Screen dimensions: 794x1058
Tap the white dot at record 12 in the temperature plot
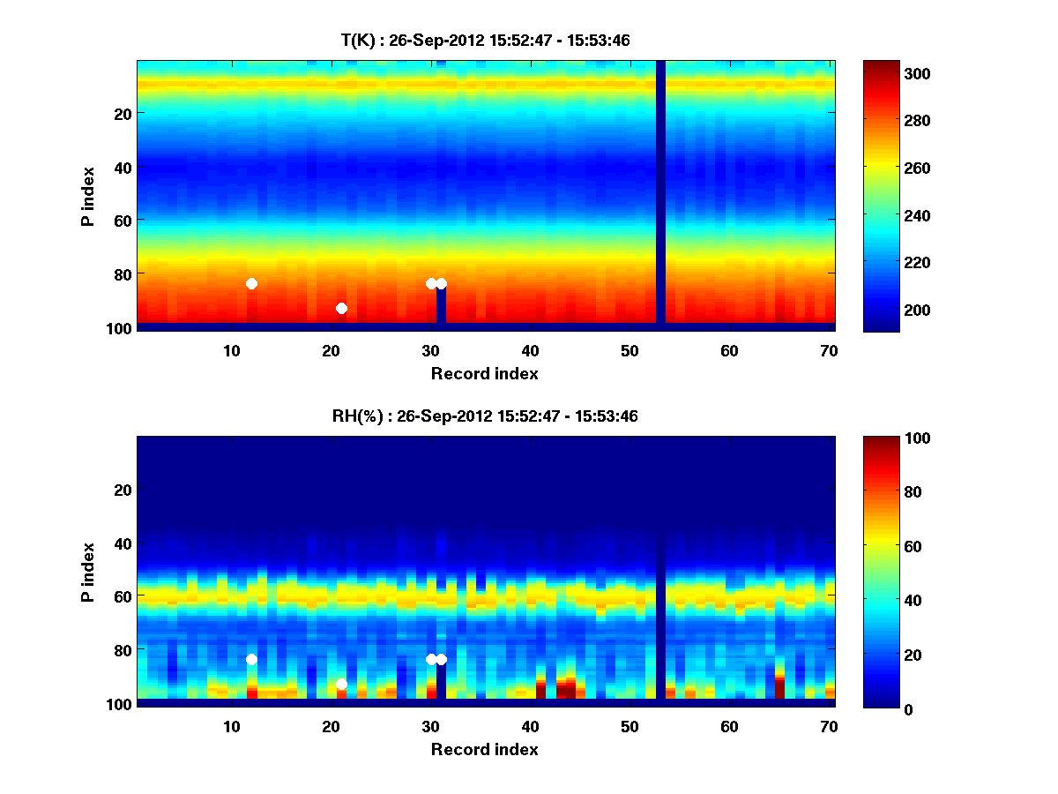pyautogui.click(x=251, y=283)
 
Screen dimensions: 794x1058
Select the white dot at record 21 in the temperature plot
pyautogui.click(x=341, y=308)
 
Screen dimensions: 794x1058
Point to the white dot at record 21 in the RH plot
pyautogui.click(x=341, y=684)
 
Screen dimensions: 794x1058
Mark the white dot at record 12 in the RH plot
pyautogui.click(x=251, y=659)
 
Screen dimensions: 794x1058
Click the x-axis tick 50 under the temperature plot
pyautogui.click(x=630, y=350)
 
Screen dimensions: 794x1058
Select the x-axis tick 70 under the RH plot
pyautogui.click(x=829, y=726)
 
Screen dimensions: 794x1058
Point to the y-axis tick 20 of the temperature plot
pyautogui.click(x=122, y=113)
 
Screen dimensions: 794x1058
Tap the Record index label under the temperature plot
pyautogui.click(x=484, y=373)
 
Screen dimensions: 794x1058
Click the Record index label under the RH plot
pyautogui.click(x=484, y=749)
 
